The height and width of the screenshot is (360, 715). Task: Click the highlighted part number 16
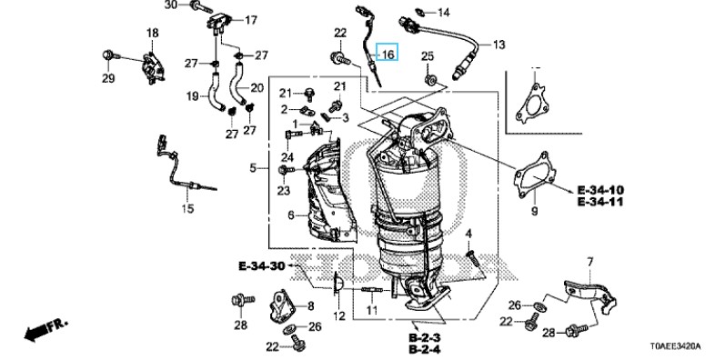point(388,55)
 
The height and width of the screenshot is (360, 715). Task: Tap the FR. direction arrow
point(46,328)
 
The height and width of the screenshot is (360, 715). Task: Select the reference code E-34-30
point(262,266)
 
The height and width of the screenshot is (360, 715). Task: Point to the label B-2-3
point(424,338)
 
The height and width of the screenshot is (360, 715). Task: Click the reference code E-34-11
point(600,202)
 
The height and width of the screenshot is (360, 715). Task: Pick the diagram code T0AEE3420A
point(676,347)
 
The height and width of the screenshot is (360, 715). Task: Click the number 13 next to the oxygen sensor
point(498,45)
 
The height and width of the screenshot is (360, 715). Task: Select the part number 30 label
point(170,5)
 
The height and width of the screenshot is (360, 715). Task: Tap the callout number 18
point(152,33)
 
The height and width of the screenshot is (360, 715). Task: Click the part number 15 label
point(187,209)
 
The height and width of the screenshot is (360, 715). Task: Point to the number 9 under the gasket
point(534,211)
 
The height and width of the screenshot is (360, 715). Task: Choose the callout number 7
point(590,262)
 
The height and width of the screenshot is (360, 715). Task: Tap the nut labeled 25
point(429,80)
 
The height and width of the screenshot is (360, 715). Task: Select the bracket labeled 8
point(283,306)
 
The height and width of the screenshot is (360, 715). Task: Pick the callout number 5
point(253,168)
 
